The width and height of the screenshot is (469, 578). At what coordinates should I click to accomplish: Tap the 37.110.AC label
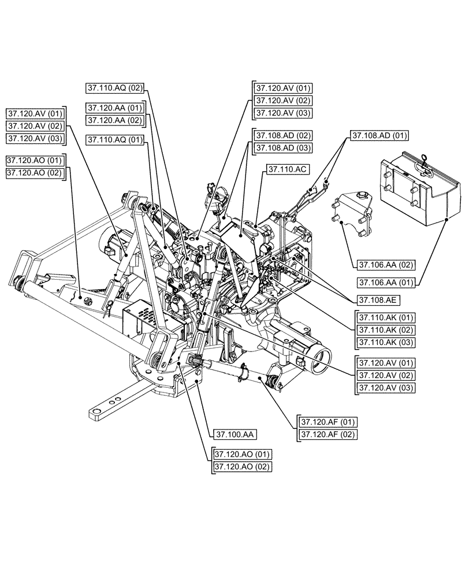(285, 169)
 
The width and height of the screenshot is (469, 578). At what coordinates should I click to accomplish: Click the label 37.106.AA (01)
(386, 282)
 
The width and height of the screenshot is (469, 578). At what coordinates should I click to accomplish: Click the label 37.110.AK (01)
(386, 318)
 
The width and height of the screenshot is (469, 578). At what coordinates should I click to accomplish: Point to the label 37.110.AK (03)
(386, 342)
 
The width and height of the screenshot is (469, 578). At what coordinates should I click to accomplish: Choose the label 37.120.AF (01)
(327, 422)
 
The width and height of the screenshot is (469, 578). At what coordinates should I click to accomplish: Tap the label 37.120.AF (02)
(327, 434)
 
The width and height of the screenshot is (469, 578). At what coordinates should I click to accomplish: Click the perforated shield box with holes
(141, 320)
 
